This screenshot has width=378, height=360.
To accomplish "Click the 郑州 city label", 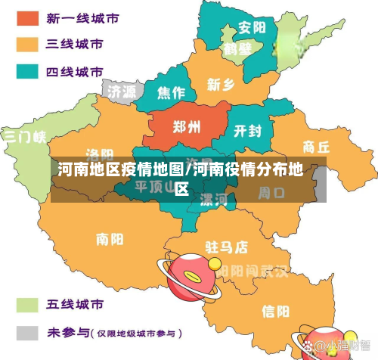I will pyautogui.click(x=187, y=126).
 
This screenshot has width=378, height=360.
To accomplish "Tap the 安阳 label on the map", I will pyautogui.click(x=252, y=28).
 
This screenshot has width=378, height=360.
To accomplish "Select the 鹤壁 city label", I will pyautogui.click(x=237, y=49).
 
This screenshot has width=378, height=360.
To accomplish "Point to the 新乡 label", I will pyautogui.click(x=222, y=84).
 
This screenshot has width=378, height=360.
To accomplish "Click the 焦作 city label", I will pyautogui.click(x=171, y=93).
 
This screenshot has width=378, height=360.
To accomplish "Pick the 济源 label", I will pyautogui.click(x=122, y=92).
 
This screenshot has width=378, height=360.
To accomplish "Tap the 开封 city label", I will pyautogui.click(x=248, y=131).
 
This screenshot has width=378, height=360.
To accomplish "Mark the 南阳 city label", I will pyautogui.click(x=110, y=239).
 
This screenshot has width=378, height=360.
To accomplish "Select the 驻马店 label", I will pyautogui.click(x=227, y=247).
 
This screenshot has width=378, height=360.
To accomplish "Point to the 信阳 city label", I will pyautogui.click(x=275, y=311).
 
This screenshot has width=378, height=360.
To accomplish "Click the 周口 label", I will pyautogui.click(x=271, y=193).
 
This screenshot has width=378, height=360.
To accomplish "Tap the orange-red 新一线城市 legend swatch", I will pyautogui.click(x=27, y=17).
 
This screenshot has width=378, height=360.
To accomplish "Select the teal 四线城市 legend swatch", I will pyautogui.click(x=27, y=72).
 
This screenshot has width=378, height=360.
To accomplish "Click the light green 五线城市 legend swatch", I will pyautogui.click(x=27, y=305).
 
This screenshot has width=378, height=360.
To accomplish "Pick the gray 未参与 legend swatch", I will pyautogui.click(x=27, y=332).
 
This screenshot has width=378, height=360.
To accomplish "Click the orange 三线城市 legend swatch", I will pyautogui.click(x=27, y=44).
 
